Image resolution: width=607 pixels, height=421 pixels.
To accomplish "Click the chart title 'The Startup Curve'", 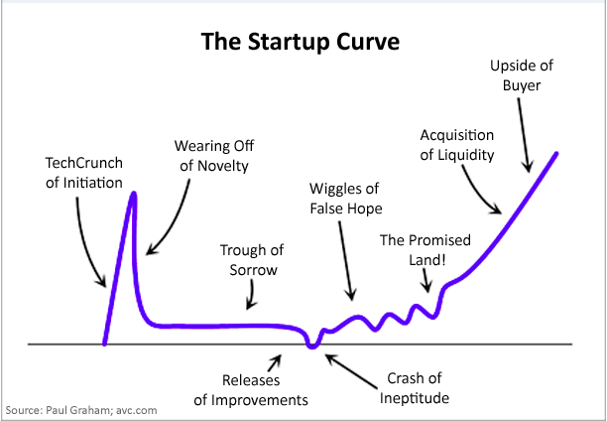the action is [x=301, y=42].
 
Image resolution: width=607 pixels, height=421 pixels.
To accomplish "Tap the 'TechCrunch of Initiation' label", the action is [x=84, y=173].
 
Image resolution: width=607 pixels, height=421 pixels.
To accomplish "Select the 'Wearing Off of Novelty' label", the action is [x=214, y=156].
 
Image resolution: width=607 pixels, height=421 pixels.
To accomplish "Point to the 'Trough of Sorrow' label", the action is [x=252, y=260].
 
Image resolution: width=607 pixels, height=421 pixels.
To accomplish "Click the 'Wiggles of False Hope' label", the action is [x=346, y=199].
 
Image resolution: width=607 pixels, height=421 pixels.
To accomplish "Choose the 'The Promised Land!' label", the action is [x=425, y=250].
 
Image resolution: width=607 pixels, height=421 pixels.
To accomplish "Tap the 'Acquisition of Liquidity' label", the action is [x=457, y=145].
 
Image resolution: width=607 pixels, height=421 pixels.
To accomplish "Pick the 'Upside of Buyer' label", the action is [x=522, y=75].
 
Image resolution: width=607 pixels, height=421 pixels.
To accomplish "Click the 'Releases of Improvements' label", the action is [x=251, y=390].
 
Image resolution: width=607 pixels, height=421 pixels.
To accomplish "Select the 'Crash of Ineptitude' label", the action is [x=415, y=388].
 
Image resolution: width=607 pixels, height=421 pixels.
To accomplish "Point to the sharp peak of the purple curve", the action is [x=134, y=194].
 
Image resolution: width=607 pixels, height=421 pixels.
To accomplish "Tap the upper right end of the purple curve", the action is [x=556, y=154].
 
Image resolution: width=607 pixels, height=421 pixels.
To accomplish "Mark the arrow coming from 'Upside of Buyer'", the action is [x=524, y=135].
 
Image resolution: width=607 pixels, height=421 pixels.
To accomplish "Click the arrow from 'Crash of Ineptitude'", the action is [x=351, y=371].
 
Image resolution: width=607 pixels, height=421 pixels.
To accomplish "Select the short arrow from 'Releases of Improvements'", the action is [x=274, y=363].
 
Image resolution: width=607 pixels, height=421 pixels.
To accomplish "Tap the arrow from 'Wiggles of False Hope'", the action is [x=346, y=260].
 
